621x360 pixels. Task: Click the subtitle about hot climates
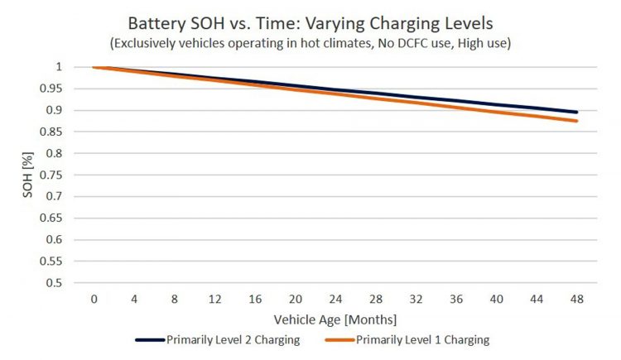pos(310,42)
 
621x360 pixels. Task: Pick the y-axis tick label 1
pos(58,67)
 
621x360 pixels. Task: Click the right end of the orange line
pos(576,121)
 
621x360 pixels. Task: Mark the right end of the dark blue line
pos(576,112)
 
